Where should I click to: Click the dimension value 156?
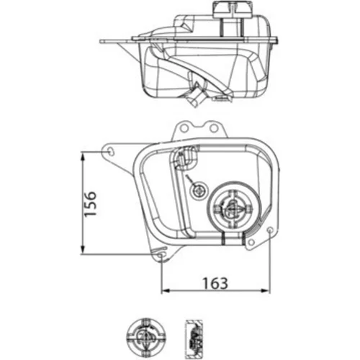coord(91,204)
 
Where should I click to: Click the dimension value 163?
coord(215,283)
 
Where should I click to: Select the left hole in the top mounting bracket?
coord(184,128)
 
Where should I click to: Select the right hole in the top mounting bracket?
coord(213,128)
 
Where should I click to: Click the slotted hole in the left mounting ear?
coord(111,151)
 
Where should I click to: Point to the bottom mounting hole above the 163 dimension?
coord(161,256)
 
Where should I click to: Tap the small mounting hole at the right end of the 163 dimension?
coord(270,230)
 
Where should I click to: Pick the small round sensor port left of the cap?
coord(199,192)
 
